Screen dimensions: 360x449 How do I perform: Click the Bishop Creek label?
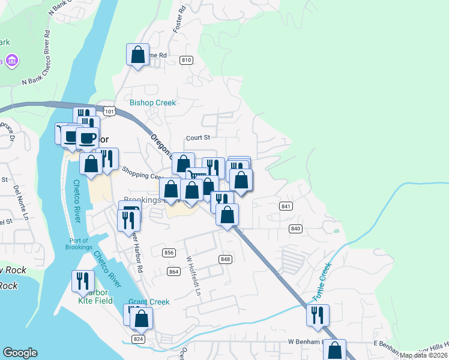click(x=153, y=103)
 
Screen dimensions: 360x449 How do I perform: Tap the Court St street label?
click(x=197, y=137)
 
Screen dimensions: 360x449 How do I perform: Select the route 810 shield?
click(x=186, y=60)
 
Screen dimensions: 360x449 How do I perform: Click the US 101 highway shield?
click(x=109, y=111)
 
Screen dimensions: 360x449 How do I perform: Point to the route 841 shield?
click(x=286, y=206)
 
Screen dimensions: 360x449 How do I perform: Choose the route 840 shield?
click(x=295, y=229)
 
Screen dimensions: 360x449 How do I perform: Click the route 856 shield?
click(x=169, y=253)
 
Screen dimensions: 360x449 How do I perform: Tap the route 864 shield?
click(x=174, y=272)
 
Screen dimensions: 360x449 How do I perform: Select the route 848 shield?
click(x=225, y=259)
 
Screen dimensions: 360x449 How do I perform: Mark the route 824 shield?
click(x=139, y=339)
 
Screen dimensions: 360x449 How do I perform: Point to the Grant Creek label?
click(x=149, y=302)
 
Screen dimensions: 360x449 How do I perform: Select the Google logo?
click(x=20, y=353)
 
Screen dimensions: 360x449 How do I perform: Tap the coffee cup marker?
click(x=88, y=138)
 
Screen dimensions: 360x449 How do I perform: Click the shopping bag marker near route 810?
click(x=137, y=55)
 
